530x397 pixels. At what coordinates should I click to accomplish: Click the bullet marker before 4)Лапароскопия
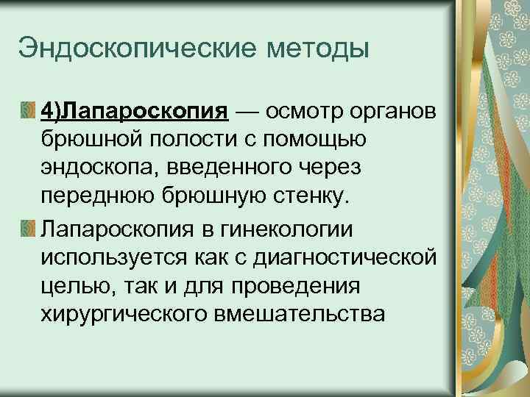pyautogui.click(x=26, y=111)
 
